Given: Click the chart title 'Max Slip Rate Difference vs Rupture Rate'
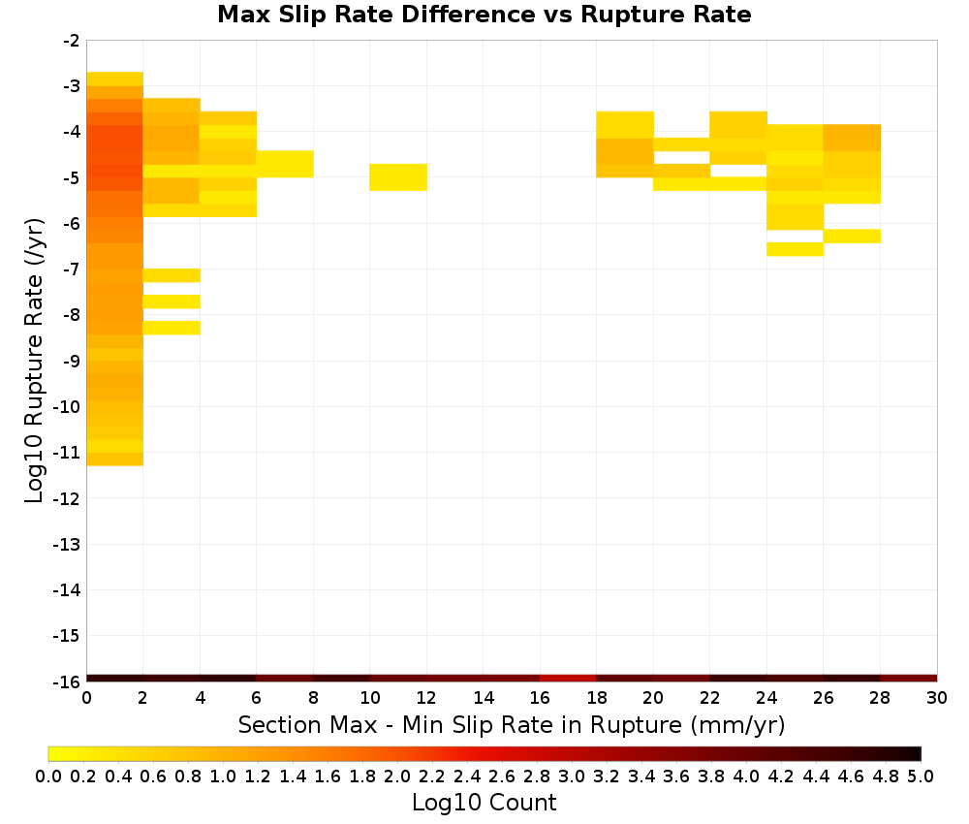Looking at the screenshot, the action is click(x=484, y=15).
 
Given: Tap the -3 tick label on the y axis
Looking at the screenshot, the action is click(x=72, y=86).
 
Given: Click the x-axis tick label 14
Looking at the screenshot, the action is click(x=484, y=698).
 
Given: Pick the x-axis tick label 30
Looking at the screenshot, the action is click(x=937, y=698).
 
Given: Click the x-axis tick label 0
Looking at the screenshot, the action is click(x=86, y=698).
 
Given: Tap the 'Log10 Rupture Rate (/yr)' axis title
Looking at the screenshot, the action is click(x=34, y=361).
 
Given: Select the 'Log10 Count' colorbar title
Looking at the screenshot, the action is click(x=484, y=803).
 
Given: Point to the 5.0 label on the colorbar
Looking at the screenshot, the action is click(x=921, y=776).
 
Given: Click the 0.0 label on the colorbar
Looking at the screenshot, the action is click(x=48, y=776).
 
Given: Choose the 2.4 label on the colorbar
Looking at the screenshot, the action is click(x=467, y=776).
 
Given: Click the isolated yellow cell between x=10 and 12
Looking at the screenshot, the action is click(x=398, y=177).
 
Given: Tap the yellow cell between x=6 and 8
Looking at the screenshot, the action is click(x=285, y=164).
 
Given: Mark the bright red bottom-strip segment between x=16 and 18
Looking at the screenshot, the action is click(x=568, y=679).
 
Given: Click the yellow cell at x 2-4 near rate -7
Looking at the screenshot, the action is click(x=172, y=275).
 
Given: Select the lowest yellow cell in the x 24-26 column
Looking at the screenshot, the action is click(x=795, y=249).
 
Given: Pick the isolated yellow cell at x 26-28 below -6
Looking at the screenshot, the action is click(x=852, y=237).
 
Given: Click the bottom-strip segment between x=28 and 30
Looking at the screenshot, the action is click(x=909, y=679).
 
